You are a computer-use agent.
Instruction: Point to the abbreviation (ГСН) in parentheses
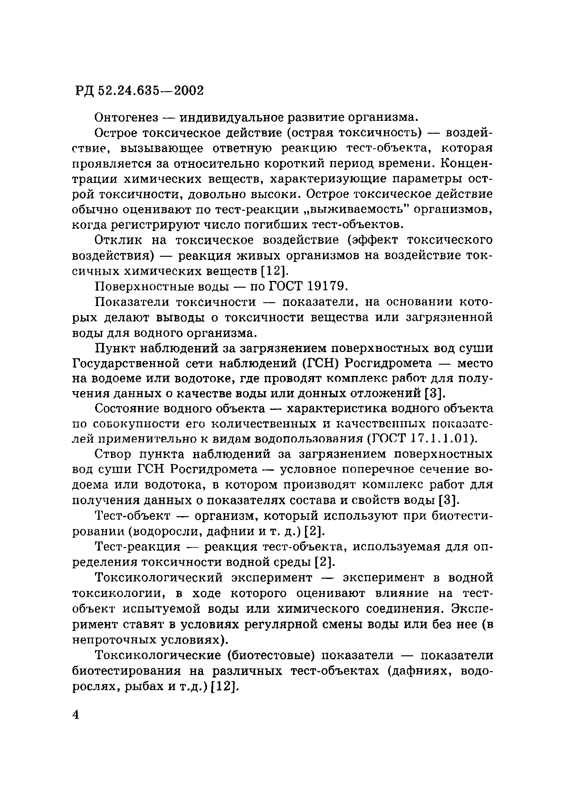[x=320, y=363]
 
